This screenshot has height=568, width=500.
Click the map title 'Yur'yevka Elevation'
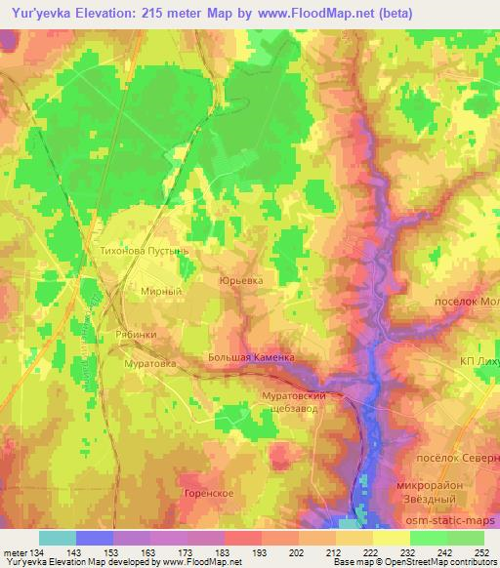click(78, 13)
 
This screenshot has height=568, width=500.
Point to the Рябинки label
click(137, 333)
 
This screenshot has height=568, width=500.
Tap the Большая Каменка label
click(251, 357)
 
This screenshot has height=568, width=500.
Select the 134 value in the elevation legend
click(37, 552)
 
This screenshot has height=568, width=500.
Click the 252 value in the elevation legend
click(481, 552)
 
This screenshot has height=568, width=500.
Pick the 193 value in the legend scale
click(258, 552)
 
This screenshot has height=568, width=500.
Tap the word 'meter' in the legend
click(14, 552)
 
